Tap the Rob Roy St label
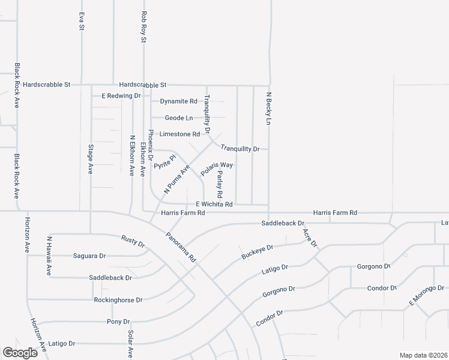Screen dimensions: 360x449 (x=143, y=27)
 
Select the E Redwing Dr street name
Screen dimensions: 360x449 (x=121, y=95)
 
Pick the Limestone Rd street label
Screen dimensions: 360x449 (x=179, y=134)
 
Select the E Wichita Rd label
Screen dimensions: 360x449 (x=214, y=204)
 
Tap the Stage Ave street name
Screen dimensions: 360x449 (x=91, y=159)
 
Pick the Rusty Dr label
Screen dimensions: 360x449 (x=133, y=241)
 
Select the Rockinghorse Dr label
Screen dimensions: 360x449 (x=118, y=299)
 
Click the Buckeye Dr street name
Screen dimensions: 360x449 (x=257, y=251)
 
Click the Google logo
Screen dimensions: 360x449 (x=20, y=353)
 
